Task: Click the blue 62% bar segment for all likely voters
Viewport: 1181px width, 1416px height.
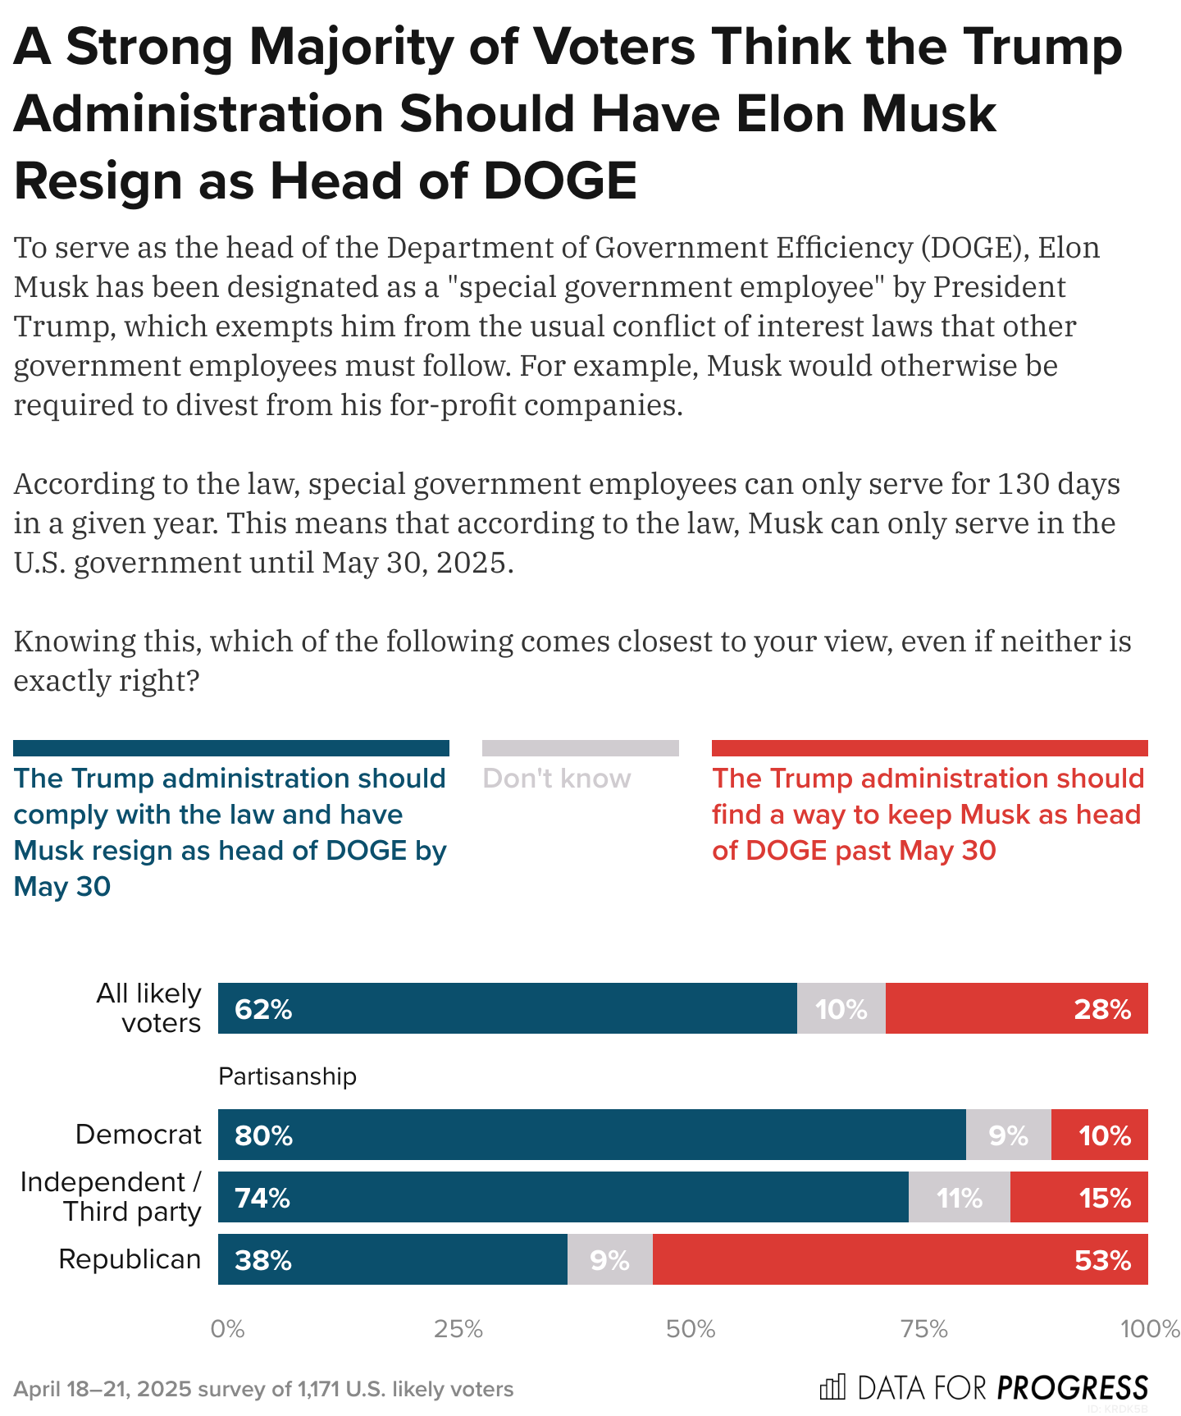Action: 507,1008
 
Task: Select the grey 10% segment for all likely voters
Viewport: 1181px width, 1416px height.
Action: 841,1008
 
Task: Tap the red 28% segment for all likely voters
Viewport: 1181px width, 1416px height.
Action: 1016,1008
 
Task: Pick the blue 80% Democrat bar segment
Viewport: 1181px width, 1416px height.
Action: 591,1135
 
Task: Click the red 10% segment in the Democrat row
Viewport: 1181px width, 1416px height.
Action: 1099,1135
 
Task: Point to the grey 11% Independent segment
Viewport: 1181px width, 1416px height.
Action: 959,1197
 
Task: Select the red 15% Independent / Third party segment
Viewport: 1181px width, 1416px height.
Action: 1078,1197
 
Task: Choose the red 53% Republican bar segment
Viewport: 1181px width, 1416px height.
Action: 900,1259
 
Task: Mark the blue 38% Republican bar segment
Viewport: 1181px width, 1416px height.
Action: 392,1259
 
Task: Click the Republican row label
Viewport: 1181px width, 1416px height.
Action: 130,1258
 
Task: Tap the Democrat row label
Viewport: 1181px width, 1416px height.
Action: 138,1134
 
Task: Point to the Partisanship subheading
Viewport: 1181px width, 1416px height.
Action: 287,1076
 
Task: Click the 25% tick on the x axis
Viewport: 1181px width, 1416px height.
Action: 458,1328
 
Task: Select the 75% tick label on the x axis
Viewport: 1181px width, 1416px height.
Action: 924,1328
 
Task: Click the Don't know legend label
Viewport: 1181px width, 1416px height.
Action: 557,778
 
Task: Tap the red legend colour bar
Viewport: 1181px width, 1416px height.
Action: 929,747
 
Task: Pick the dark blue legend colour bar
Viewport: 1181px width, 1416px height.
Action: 230,747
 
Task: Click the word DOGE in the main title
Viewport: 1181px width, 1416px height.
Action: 560,181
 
